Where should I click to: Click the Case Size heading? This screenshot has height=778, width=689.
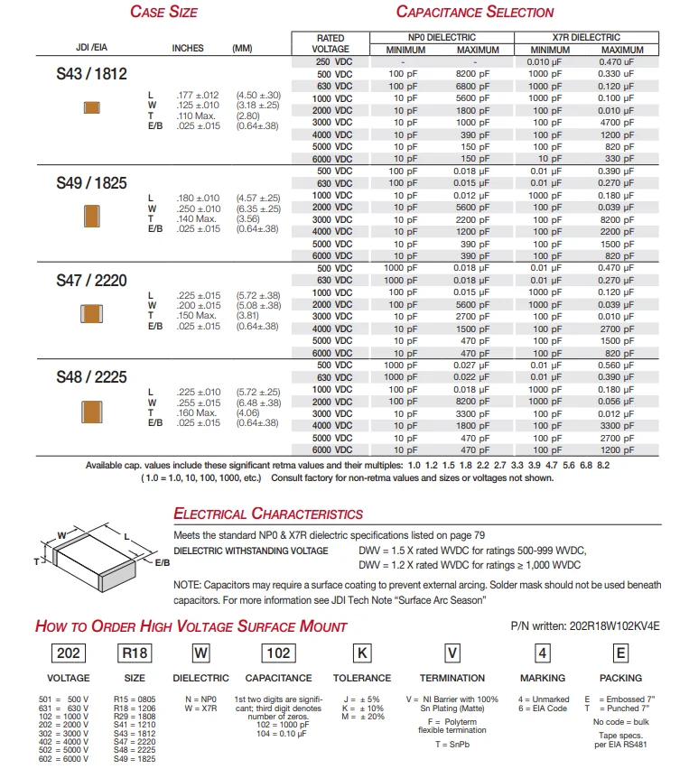pos(163,12)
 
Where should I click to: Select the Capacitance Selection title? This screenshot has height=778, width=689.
pos(475,12)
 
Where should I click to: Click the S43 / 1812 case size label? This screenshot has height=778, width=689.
pos(91,76)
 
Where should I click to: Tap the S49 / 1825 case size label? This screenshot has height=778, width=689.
pos(91,182)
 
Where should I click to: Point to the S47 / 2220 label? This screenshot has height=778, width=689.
pos(91,281)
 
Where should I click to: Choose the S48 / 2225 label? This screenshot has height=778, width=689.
pos(91,377)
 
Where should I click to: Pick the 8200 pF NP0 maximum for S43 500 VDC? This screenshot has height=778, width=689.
pos(471,73)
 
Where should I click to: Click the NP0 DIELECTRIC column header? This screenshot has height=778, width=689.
pos(442,37)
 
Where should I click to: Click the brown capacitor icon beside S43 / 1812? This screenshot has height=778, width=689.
pos(91,107)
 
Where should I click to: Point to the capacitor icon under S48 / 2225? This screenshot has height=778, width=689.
pos(91,411)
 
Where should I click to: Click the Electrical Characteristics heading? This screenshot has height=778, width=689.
pos(268,514)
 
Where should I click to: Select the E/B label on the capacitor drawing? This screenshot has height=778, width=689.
pos(162,561)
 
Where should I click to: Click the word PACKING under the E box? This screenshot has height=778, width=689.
pos(620,678)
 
